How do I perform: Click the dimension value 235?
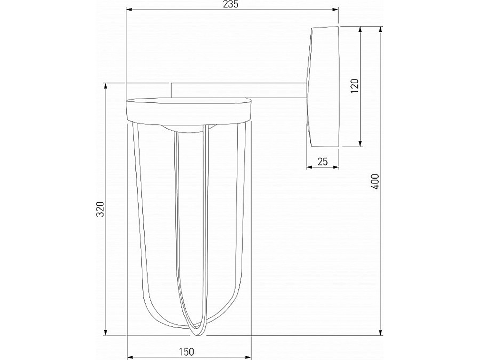(231, 4)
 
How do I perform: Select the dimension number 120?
(355, 86)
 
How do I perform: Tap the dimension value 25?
(322, 162)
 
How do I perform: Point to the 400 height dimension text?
(374, 182)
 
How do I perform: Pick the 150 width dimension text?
(187, 351)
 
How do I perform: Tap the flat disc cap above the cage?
(188, 110)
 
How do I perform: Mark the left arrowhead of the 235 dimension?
(128, 10)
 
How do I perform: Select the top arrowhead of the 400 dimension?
(381, 29)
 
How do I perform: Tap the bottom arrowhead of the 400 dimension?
(381, 333)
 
